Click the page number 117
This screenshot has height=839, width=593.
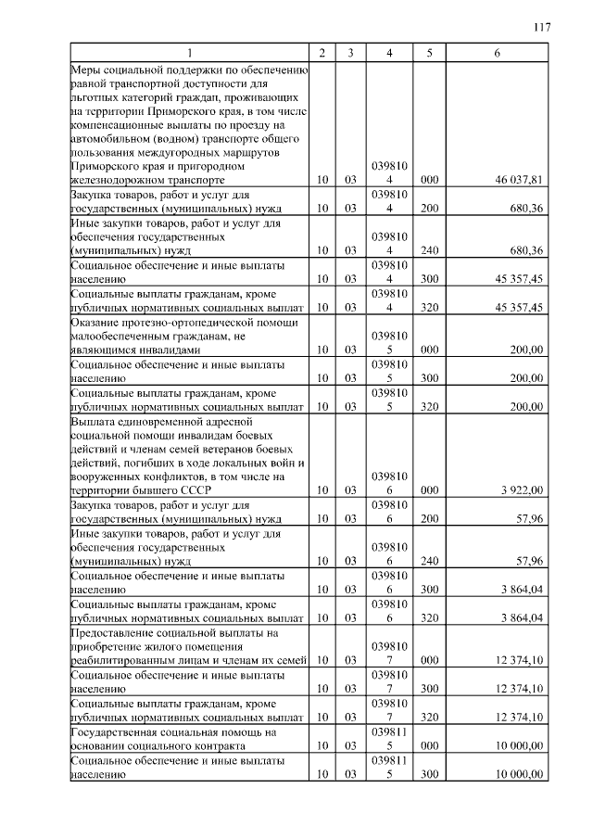tap(543, 27)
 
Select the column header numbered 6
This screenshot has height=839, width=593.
tap(498, 54)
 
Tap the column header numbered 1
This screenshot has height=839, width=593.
tap(189, 54)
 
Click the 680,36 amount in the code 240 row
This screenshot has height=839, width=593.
tap(525, 250)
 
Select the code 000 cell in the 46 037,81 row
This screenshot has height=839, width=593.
tap(429, 180)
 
